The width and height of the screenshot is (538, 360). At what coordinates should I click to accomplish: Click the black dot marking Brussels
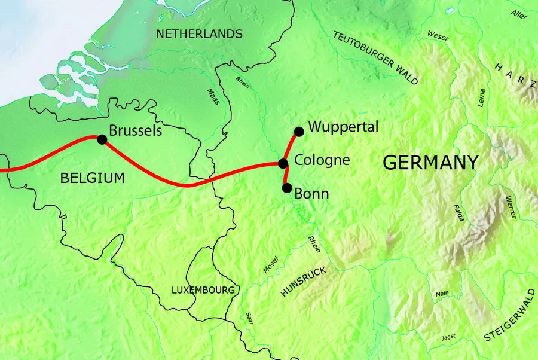pos(102,139)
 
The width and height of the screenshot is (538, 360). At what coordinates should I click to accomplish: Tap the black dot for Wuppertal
pos(299,131)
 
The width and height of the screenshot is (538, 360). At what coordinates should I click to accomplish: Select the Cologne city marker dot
pos(283,163)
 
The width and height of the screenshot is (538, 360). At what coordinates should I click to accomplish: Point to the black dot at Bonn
pos(287,188)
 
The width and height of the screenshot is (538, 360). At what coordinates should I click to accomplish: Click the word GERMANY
pos(430,162)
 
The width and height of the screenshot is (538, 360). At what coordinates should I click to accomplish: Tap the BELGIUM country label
pos(93,178)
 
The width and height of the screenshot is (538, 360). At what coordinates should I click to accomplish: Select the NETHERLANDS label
pos(199,34)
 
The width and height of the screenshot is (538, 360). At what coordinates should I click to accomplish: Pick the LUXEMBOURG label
pos(203,290)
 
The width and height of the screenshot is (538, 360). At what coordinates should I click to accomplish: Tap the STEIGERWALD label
pos(509,323)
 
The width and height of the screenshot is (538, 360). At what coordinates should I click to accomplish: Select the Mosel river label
pos(271,265)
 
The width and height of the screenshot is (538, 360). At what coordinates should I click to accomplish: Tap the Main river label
pos(442,293)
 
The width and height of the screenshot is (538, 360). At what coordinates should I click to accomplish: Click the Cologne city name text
pos(322,160)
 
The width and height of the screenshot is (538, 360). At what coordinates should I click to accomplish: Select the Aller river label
pos(519,14)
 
